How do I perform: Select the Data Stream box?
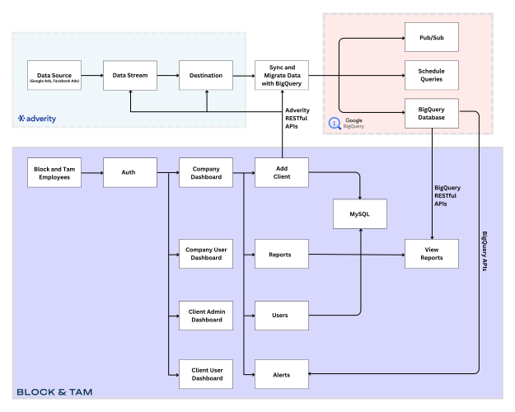pos(130,76)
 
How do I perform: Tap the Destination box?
pos(206,76)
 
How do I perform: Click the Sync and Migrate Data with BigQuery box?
pos(282,76)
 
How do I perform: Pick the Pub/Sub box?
pos(432,38)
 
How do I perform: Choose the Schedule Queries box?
pos(432,76)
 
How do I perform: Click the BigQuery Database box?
pos(432,113)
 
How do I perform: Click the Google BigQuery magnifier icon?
pos(335,124)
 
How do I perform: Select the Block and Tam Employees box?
pos(54,173)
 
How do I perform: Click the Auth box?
pos(130,173)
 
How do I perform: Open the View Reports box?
pos(432,255)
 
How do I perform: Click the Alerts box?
pos(282,375)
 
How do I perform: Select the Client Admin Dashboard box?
pos(206,315)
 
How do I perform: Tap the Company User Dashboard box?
pos(206,255)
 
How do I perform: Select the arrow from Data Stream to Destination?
pos(168,76)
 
